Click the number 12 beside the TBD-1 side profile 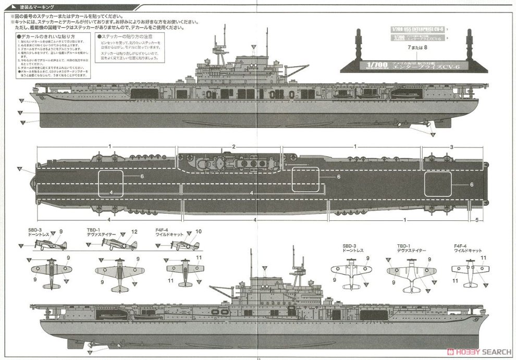(x=134, y=232)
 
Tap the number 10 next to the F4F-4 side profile (x=198, y=232)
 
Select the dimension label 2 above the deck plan (x=234, y=146)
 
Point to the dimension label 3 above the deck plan (x=451, y=146)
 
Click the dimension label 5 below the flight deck (x=477, y=220)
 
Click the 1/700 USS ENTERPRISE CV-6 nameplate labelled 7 (x=415, y=30)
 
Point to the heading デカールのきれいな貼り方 (x=47, y=37)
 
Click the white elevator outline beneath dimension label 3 (x=438, y=184)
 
